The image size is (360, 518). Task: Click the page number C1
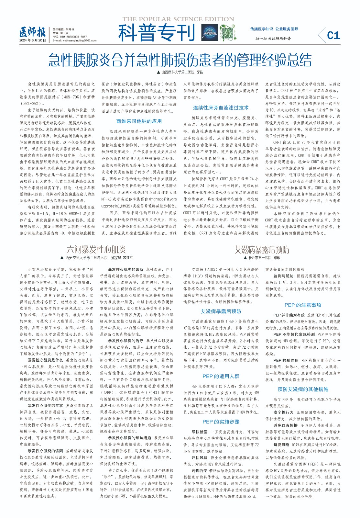333,35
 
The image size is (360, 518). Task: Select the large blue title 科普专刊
157,33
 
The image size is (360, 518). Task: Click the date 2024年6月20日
33,40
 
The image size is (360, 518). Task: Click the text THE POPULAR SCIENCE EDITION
178,19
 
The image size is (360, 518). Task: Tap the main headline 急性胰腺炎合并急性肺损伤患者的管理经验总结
180,60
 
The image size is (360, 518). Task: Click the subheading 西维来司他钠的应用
139,121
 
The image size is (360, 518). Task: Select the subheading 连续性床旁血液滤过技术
221,108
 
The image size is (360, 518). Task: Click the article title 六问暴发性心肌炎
96,250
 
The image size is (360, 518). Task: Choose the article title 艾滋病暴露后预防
262,250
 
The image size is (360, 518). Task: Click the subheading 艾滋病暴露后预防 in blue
221,311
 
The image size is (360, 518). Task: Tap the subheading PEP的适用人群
221,376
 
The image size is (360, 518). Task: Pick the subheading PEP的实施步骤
221,422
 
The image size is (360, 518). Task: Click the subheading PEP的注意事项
303,305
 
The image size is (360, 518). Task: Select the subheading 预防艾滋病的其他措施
303,389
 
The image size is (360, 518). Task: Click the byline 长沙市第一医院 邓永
262,258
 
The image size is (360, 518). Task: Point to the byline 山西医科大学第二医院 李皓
180,72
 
